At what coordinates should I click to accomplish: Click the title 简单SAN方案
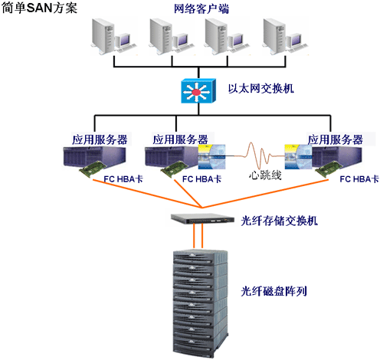pyautogui.click(x=39, y=8)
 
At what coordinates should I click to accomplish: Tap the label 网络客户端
pyautogui.click(x=201, y=8)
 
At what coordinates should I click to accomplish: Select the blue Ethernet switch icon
pyautogui.click(x=198, y=91)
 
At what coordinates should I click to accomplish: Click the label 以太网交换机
pyautogui.click(x=260, y=88)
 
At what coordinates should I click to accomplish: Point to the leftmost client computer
pyautogui.click(x=113, y=36)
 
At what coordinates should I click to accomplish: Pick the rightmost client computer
pyautogui.click(x=285, y=36)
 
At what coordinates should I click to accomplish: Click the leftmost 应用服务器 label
pyautogui.click(x=100, y=139)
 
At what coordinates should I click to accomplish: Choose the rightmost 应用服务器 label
pyautogui.click(x=336, y=139)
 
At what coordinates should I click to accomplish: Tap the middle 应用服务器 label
pyautogui.click(x=180, y=139)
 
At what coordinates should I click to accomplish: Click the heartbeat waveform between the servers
pyautogui.click(x=255, y=156)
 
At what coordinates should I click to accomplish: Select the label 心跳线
pyautogui.click(x=265, y=175)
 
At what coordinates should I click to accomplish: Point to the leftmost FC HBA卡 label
pyautogui.click(x=123, y=179)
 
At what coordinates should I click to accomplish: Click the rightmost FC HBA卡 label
pyautogui.click(x=359, y=179)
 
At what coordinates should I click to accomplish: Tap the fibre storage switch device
pyautogui.click(x=202, y=218)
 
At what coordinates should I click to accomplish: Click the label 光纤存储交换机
pyautogui.click(x=279, y=221)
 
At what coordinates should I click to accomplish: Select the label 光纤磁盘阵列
pyautogui.click(x=273, y=291)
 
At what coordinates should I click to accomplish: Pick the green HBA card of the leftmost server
pyautogui.click(x=93, y=169)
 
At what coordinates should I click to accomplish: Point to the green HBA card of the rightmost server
pyautogui.click(x=329, y=169)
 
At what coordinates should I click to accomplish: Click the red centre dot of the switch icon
pyautogui.click(x=196, y=92)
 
